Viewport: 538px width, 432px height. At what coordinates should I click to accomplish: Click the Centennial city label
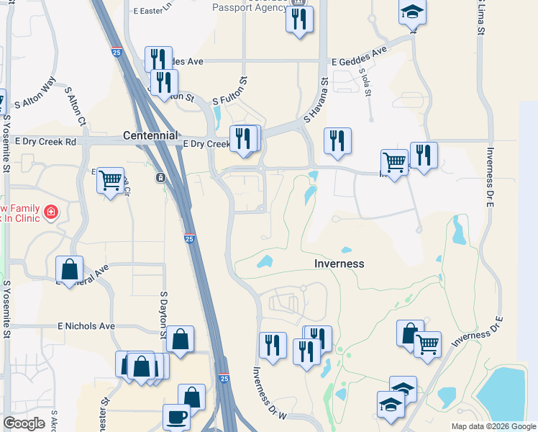pos(150,135)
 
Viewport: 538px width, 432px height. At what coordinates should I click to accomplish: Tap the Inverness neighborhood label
pos(339,264)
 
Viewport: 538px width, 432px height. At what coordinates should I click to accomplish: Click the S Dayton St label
pos(164,315)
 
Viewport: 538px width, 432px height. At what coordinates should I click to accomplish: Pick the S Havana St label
pos(316,101)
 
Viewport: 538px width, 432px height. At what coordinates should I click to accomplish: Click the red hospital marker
pos(51,212)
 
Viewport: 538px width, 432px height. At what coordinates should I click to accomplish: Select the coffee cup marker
pos(177,416)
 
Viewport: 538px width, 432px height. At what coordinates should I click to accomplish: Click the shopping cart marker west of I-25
pos(110,180)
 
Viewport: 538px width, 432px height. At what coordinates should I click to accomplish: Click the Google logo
pos(24,423)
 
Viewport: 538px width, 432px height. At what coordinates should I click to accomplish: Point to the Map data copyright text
pos(493,426)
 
